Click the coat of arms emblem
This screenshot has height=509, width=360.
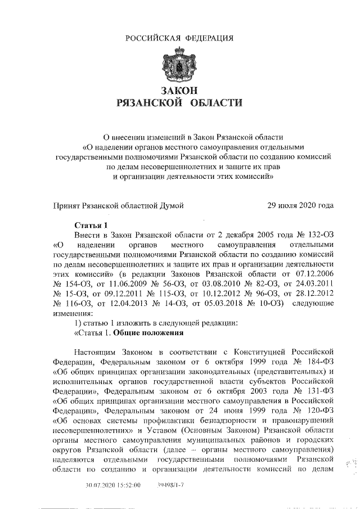coord(179,65)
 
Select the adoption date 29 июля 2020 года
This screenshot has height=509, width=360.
coord(300,205)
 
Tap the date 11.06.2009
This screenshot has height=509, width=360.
coord(138,284)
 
